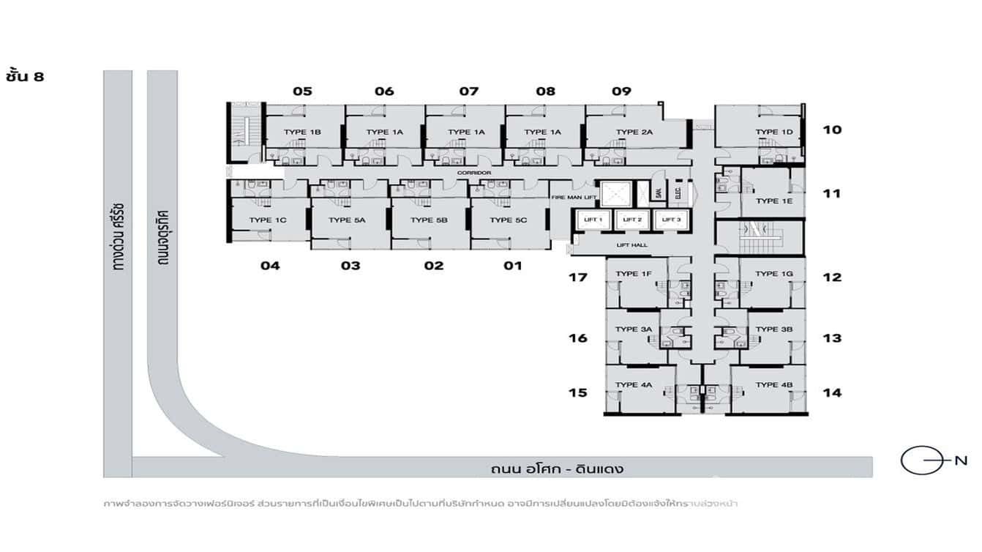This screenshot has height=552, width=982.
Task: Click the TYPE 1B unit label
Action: [304, 132]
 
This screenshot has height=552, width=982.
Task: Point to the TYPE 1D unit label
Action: [774, 132]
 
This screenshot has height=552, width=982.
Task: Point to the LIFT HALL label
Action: [631, 245]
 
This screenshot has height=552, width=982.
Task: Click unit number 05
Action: [302, 92]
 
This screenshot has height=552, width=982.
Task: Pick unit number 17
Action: [578, 277]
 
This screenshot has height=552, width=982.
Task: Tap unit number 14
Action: [831, 392]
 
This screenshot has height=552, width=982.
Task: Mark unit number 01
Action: [513, 265]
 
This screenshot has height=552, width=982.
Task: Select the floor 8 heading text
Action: [26, 75]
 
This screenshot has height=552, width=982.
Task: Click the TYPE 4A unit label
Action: [634, 385]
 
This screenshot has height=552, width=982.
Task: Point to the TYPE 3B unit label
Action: [774, 329]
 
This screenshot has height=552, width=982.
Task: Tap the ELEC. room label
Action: [678, 193]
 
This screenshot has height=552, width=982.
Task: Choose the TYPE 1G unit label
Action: [774, 274]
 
